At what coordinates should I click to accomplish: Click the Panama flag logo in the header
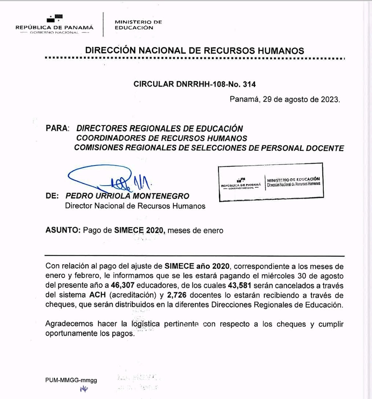coord(55,19)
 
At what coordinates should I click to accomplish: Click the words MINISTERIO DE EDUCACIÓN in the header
coord(138,25)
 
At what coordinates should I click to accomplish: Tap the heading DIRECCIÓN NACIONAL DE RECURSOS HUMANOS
coord(194,50)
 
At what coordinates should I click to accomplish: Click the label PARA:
coord(57,129)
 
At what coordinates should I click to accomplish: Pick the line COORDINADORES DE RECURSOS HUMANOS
coord(161,138)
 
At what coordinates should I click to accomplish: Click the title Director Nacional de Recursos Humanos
coord(135,206)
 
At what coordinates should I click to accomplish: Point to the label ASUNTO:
coord(63,231)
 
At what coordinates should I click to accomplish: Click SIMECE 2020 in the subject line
coord(140,231)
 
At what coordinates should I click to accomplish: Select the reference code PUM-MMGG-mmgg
coord(71,380)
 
